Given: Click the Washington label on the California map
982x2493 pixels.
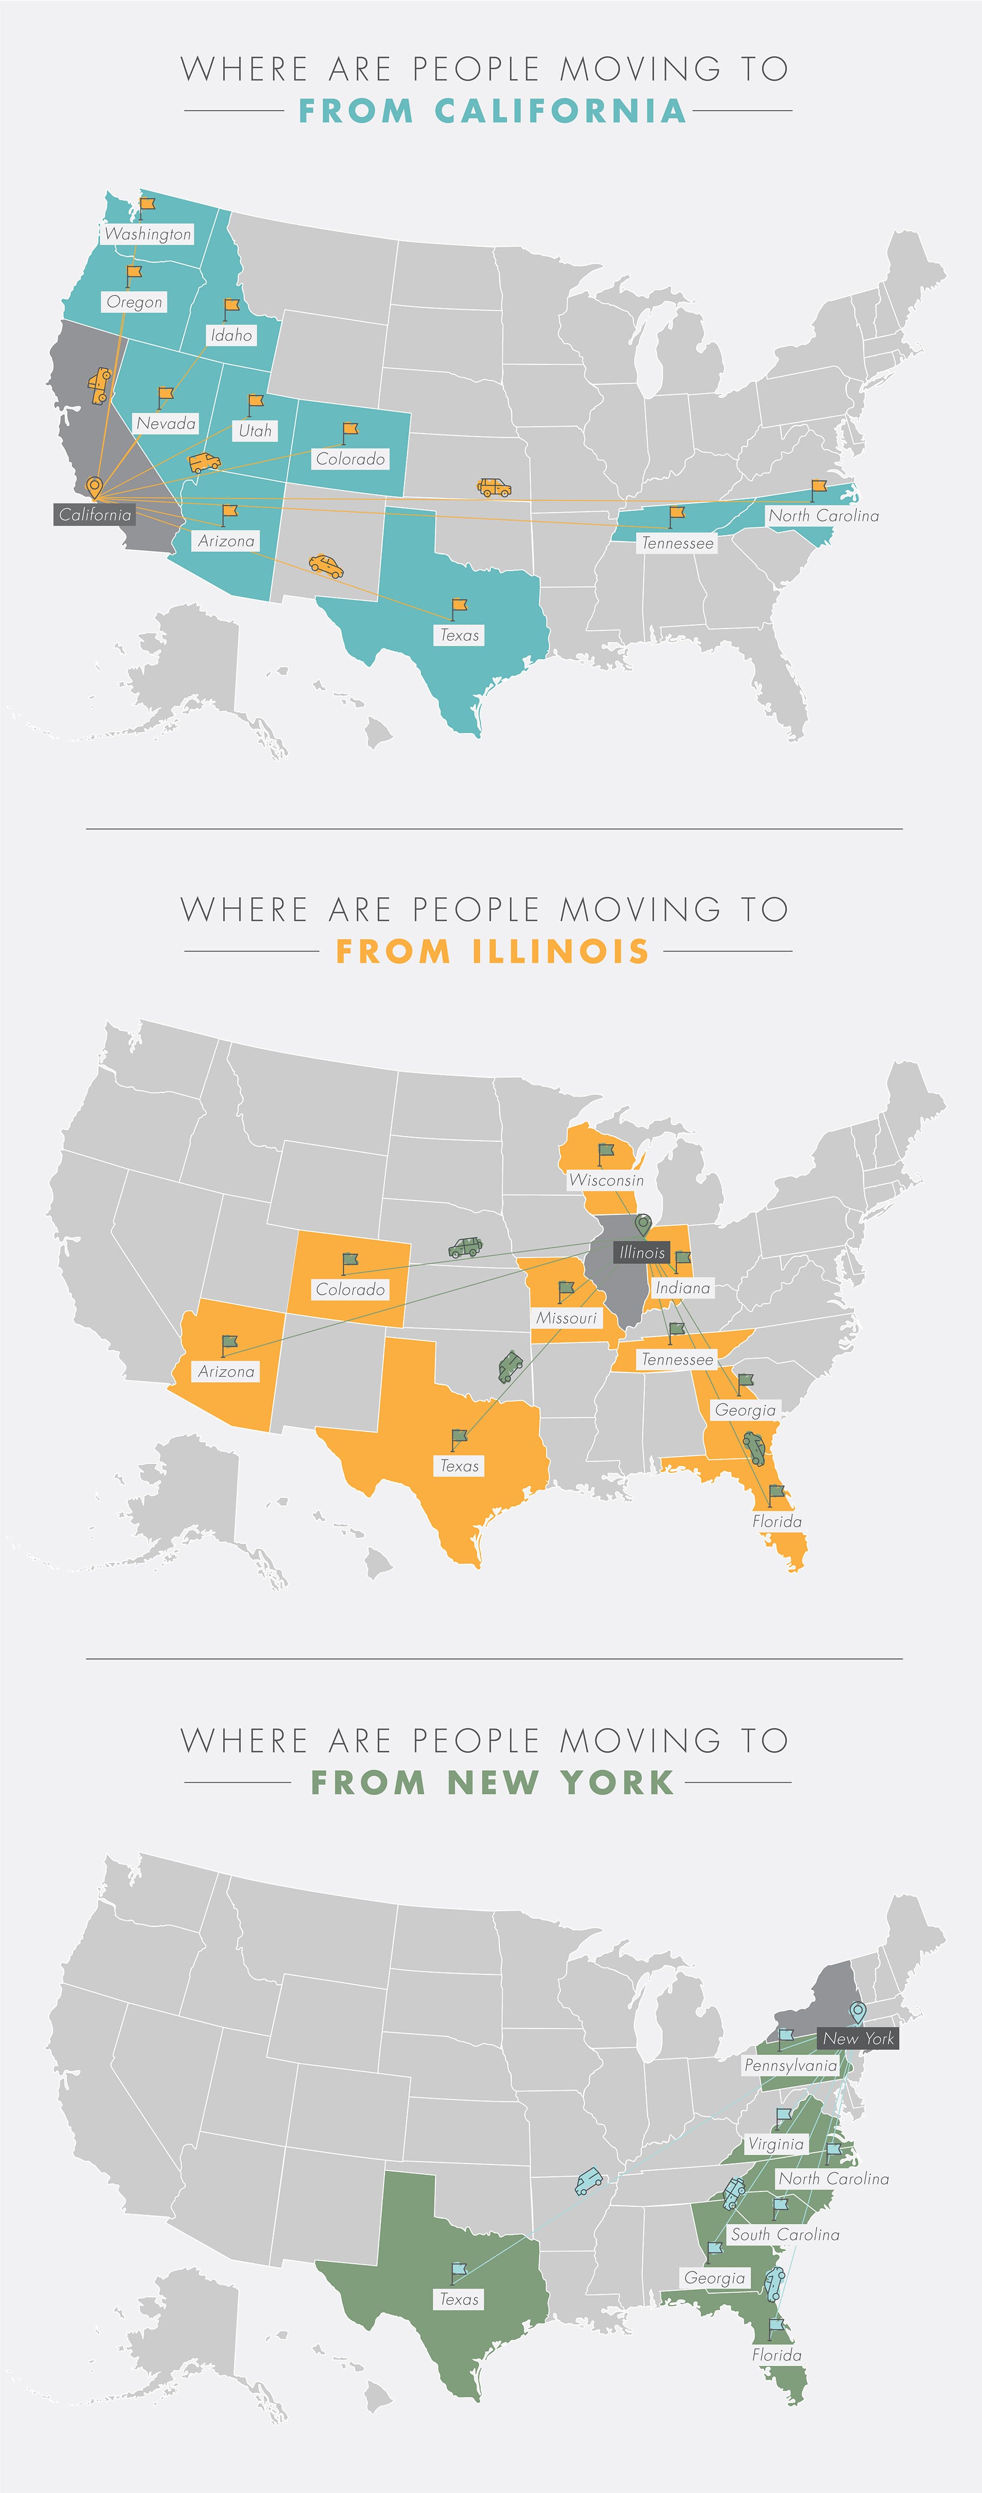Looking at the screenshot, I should (148, 234).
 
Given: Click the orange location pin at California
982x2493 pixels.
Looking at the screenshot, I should (94, 487).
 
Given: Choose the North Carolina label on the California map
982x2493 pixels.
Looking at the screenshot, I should (823, 516).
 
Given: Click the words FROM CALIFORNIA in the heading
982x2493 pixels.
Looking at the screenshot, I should (492, 111).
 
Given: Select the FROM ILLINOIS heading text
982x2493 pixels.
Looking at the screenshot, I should (492, 951).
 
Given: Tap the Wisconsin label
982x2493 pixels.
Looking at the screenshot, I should (605, 1180).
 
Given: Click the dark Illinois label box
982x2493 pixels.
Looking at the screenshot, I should (641, 1252).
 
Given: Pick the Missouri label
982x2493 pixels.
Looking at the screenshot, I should (566, 1318).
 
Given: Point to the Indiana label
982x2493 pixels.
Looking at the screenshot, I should (682, 1288).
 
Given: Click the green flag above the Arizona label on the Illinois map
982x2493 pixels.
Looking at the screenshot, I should (229, 1343).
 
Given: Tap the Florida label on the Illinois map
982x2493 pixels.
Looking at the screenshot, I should (777, 1521).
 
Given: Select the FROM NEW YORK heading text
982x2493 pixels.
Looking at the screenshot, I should (492, 1782).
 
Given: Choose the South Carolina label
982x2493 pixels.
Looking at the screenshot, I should (785, 2235).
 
